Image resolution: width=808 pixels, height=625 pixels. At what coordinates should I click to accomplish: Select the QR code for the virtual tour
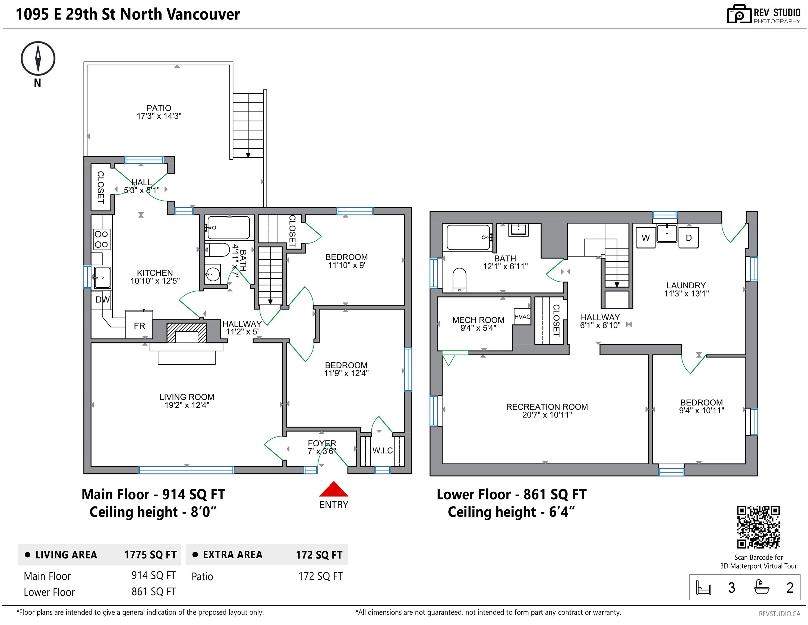pyautogui.click(x=758, y=527)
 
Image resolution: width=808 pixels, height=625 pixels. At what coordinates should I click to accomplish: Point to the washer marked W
pyautogui.click(x=646, y=238)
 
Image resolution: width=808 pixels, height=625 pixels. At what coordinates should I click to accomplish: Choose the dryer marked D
pyautogui.click(x=689, y=238)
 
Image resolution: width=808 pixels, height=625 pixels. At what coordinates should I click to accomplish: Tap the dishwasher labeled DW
pyautogui.click(x=102, y=300)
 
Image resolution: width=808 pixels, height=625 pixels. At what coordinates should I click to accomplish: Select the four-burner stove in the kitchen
pyautogui.click(x=101, y=239)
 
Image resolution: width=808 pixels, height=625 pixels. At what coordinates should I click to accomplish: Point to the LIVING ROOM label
pyautogui.click(x=187, y=397)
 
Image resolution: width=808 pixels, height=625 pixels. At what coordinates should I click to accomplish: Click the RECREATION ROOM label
pyautogui.click(x=547, y=407)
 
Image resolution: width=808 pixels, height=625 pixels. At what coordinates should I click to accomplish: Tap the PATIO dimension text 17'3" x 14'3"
pyautogui.click(x=159, y=116)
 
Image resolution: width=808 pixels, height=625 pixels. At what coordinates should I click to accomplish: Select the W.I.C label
pyautogui.click(x=383, y=451)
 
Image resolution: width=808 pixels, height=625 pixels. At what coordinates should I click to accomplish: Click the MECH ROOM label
pyautogui.click(x=478, y=320)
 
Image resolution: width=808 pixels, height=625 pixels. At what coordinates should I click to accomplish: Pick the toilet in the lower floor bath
pyautogui.click(x=459, y=279)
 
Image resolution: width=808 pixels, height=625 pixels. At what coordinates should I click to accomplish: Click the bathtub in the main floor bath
pyautogui.click(x=228, y=227)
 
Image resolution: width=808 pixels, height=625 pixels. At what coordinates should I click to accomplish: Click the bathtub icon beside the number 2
pyautogui.click(x=762, y=587)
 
